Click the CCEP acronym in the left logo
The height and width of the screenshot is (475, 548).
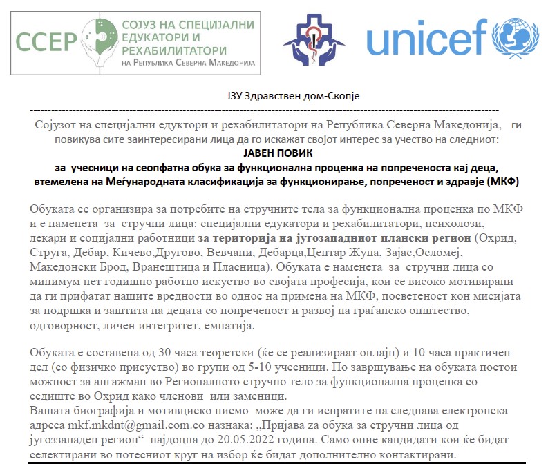click(x=46, y=40)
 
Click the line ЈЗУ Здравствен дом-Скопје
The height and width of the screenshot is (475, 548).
click(x=275, y=96)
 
